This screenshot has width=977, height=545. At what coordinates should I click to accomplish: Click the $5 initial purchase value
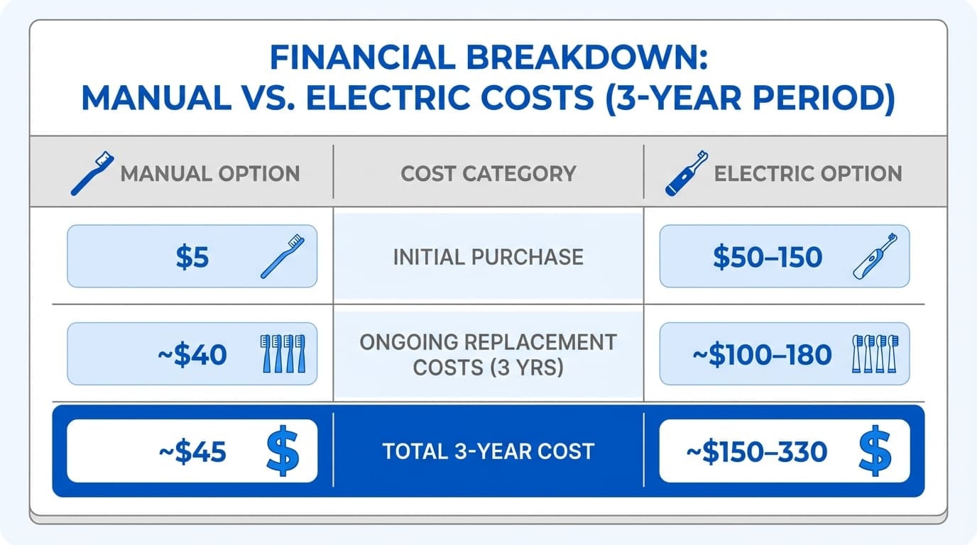(x=192, y=257)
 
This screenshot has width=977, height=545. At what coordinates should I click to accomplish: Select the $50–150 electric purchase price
(x=767, y=257)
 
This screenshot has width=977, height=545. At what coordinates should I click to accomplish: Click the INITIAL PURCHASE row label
(x=488, y=256)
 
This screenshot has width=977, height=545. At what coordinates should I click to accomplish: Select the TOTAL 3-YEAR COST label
(x=488, y=451)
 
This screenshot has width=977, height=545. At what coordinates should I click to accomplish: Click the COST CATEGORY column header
(x=488, y=173)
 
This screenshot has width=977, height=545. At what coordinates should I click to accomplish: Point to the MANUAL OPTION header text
(x=210, y=173)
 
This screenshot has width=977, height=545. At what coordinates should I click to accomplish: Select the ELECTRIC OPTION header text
(x=808, y=173)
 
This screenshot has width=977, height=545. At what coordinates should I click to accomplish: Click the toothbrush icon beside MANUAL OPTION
(x=92, y=173)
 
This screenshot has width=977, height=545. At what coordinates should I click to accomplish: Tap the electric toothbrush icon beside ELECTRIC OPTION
(x=687, y=173)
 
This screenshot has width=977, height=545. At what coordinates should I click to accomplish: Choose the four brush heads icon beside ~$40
(x=283, y=353)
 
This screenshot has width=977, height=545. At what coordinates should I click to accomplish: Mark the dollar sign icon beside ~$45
(x=283, y=450)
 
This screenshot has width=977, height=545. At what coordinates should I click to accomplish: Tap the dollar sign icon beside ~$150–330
(x=874, y=450)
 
